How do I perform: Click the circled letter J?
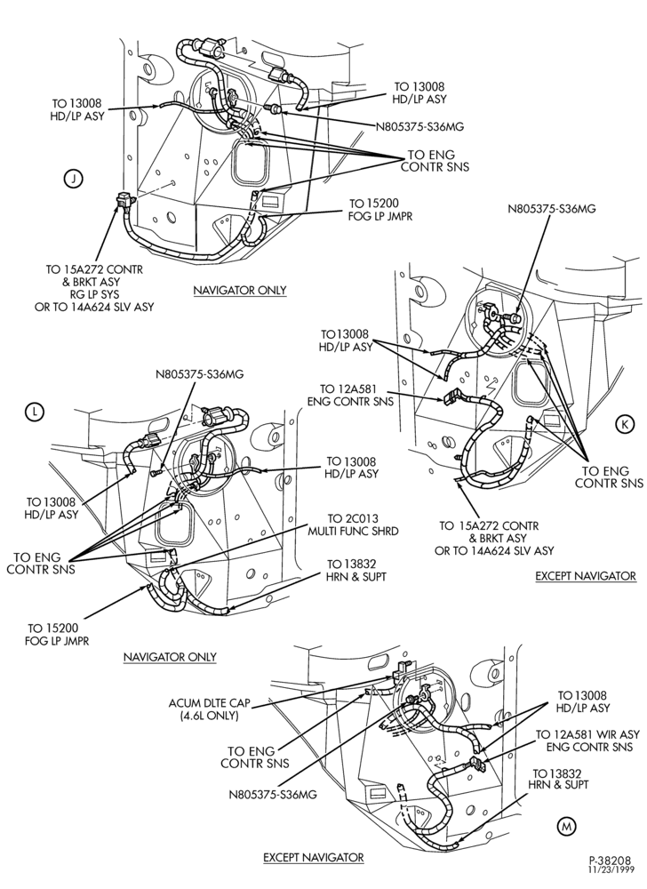(73, 180)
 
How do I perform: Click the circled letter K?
(625, 423)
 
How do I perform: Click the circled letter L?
(35, 412)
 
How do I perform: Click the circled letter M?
(566, 827)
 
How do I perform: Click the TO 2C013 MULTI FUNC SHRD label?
(353, 525)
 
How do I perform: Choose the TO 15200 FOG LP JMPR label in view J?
(381, 210)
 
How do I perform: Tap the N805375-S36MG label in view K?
(552, 209)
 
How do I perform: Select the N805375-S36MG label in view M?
(273, 794)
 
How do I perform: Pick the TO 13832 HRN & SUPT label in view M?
(558, 779)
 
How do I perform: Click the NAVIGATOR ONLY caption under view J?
(240, 291)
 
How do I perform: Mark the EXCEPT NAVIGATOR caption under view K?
(586, 576)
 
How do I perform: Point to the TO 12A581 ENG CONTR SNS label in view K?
(349, 396)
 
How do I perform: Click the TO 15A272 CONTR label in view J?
(94, 269)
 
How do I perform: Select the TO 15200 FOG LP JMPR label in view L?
(57, 635)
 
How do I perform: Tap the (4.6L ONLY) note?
(209, 716)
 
